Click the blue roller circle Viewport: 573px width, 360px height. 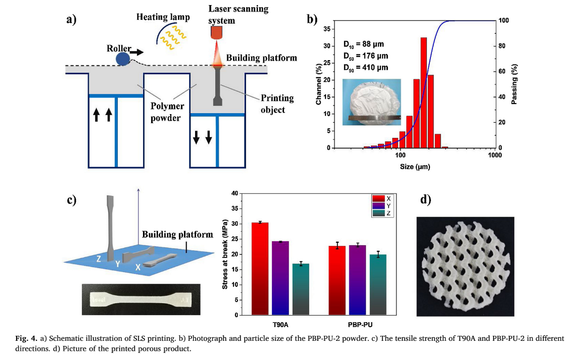[x=123, y=59]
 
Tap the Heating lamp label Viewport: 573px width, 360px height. [x=163, y=17]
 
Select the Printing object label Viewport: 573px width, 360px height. [x=273, y=104]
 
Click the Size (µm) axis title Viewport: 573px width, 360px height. [x=414, y=167]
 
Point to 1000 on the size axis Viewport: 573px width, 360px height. [x=495, y=156]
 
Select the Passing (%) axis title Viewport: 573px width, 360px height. [x=514, y=84]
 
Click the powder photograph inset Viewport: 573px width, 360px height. [x=371, y=101]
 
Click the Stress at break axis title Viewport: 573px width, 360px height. [x=225, y=254]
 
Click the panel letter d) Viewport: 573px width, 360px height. [x=425, y=200]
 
